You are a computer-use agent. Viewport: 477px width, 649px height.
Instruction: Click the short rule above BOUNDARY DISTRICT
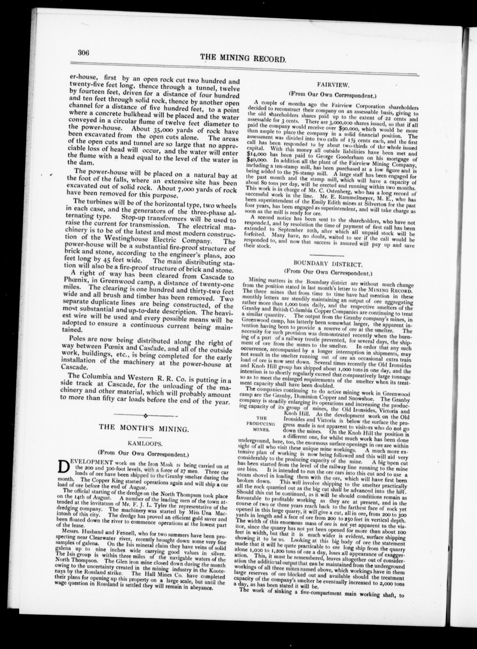(327, 256)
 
